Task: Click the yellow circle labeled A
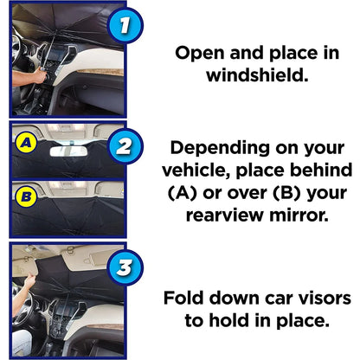(26, 139)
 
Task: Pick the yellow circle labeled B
(26, 196)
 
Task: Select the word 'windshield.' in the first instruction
(257, 77)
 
